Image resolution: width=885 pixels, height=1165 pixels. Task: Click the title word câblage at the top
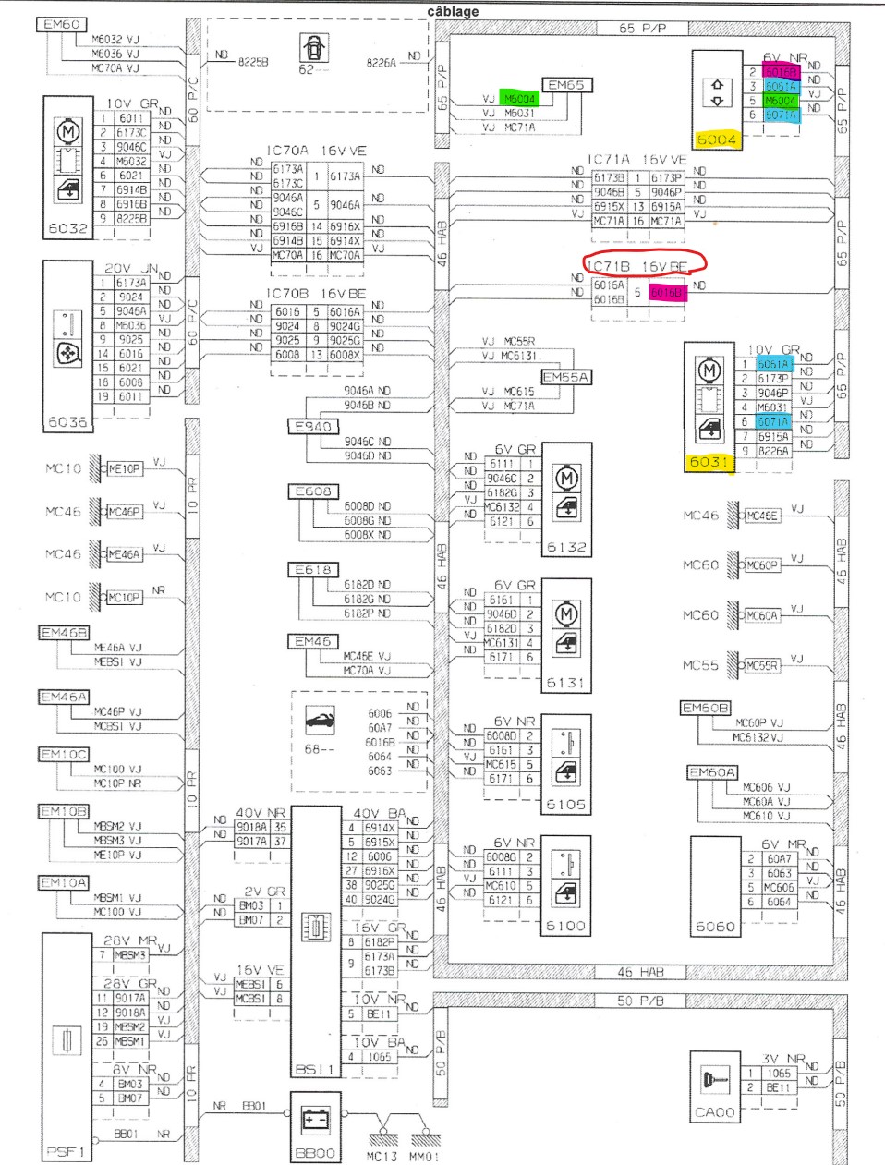(x=453, y=12)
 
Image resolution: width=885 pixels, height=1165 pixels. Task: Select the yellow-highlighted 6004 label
(x=717, y=140)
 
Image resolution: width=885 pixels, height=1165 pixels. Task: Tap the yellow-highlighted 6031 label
(x=709, y=461)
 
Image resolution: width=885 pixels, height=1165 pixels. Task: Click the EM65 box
(x=566, y=85)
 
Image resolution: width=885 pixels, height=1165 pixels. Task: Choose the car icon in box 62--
(x=314, y=48)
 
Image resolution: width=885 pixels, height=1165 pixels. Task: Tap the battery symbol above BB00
(x=316, y=1120)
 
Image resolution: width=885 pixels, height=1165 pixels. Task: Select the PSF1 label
(x=66, y=1151)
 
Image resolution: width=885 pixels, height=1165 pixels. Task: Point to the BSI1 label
(x=315, y=1069)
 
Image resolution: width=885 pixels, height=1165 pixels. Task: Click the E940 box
(x=312, y=426)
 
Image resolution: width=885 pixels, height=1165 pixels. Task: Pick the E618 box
(x=313, y=570)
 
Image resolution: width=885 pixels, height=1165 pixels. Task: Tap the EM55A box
(x=565, y=377)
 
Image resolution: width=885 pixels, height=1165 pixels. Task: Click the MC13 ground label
(x=382, y=1156)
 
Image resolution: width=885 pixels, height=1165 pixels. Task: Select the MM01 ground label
(x=424, y=1156)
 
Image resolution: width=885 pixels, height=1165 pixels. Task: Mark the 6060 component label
(x=715, y=926)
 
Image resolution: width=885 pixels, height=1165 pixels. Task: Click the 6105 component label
(x=565, y=805)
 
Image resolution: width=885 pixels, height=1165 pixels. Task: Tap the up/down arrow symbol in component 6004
(x=717, y=91)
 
